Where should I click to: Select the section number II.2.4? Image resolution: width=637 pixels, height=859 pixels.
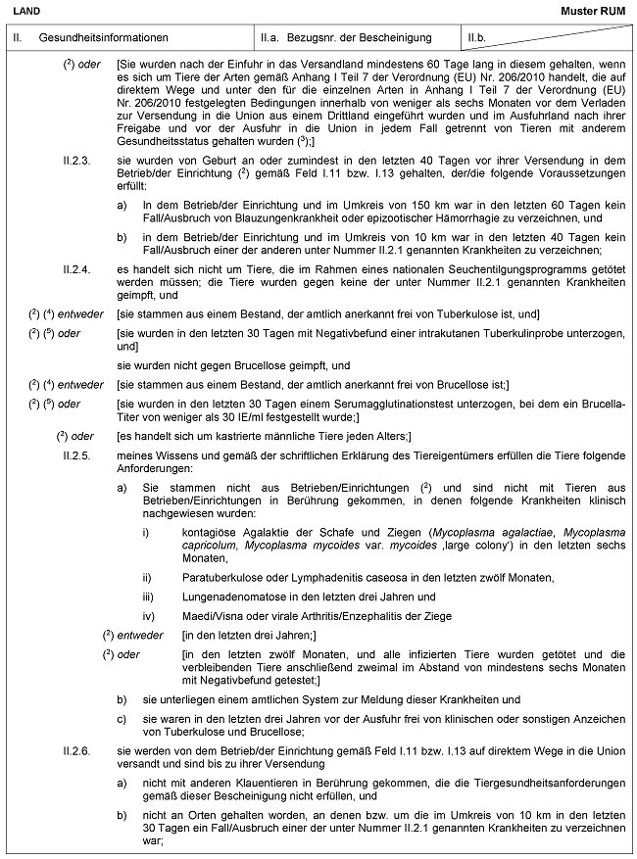[x=75, y=265]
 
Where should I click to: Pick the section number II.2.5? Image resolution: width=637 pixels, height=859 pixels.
[x=75, y=453]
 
